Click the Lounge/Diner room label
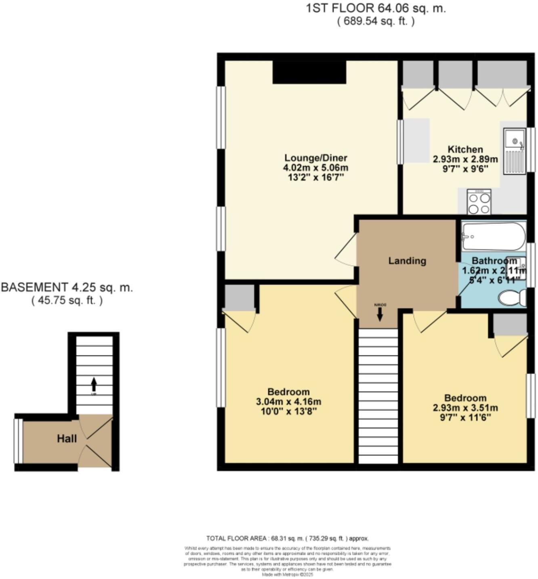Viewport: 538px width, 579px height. [x=315, y=158]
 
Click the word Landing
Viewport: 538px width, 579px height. [x=407, y=261]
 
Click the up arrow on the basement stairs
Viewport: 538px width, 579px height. [x=94, y=383]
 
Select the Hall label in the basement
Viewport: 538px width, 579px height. [x=67, y=439]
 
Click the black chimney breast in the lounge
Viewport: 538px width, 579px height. [x=309, y=72]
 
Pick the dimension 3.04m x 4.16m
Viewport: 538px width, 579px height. [x=288, y=402]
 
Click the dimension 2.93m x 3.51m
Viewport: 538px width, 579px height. [x=465, y=408]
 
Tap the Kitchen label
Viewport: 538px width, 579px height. [x=465, y=149]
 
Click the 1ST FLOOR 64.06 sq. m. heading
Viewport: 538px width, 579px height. [x=376, y=8]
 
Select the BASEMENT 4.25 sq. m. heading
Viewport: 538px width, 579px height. [x=67, y=288]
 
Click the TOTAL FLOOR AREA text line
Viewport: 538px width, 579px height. [x=287, y=538]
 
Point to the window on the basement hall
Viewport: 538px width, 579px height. [x=18, y=441]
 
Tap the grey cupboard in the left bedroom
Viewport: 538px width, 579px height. [x=240, y=297]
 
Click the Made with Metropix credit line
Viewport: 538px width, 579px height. [x=287, y=575]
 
